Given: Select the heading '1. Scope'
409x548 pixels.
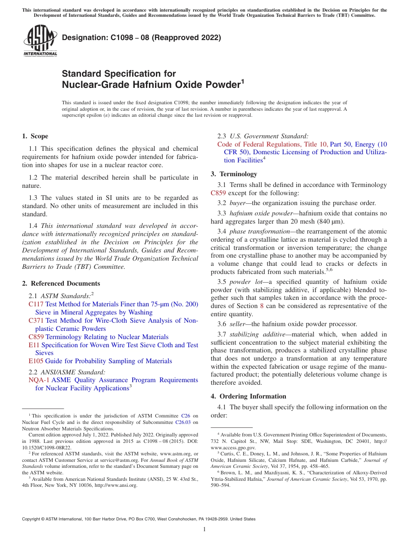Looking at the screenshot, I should pyautogui.click(x=35, y=136).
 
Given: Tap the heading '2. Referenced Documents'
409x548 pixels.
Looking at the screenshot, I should pyautogui.click(x=61, y=283).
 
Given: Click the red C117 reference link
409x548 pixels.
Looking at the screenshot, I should pyautogui.click(x=36, y=304).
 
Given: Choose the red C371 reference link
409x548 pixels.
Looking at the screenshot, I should pyautogui.click(x=36, y=321).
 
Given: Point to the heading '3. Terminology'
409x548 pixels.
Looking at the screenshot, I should pyautogui.click(x=234, y=174).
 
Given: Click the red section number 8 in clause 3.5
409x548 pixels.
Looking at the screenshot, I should pyautogui.click(x=262, y=306).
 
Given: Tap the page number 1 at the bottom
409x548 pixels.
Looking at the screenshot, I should pyautogui.click(x=204, y=529).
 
